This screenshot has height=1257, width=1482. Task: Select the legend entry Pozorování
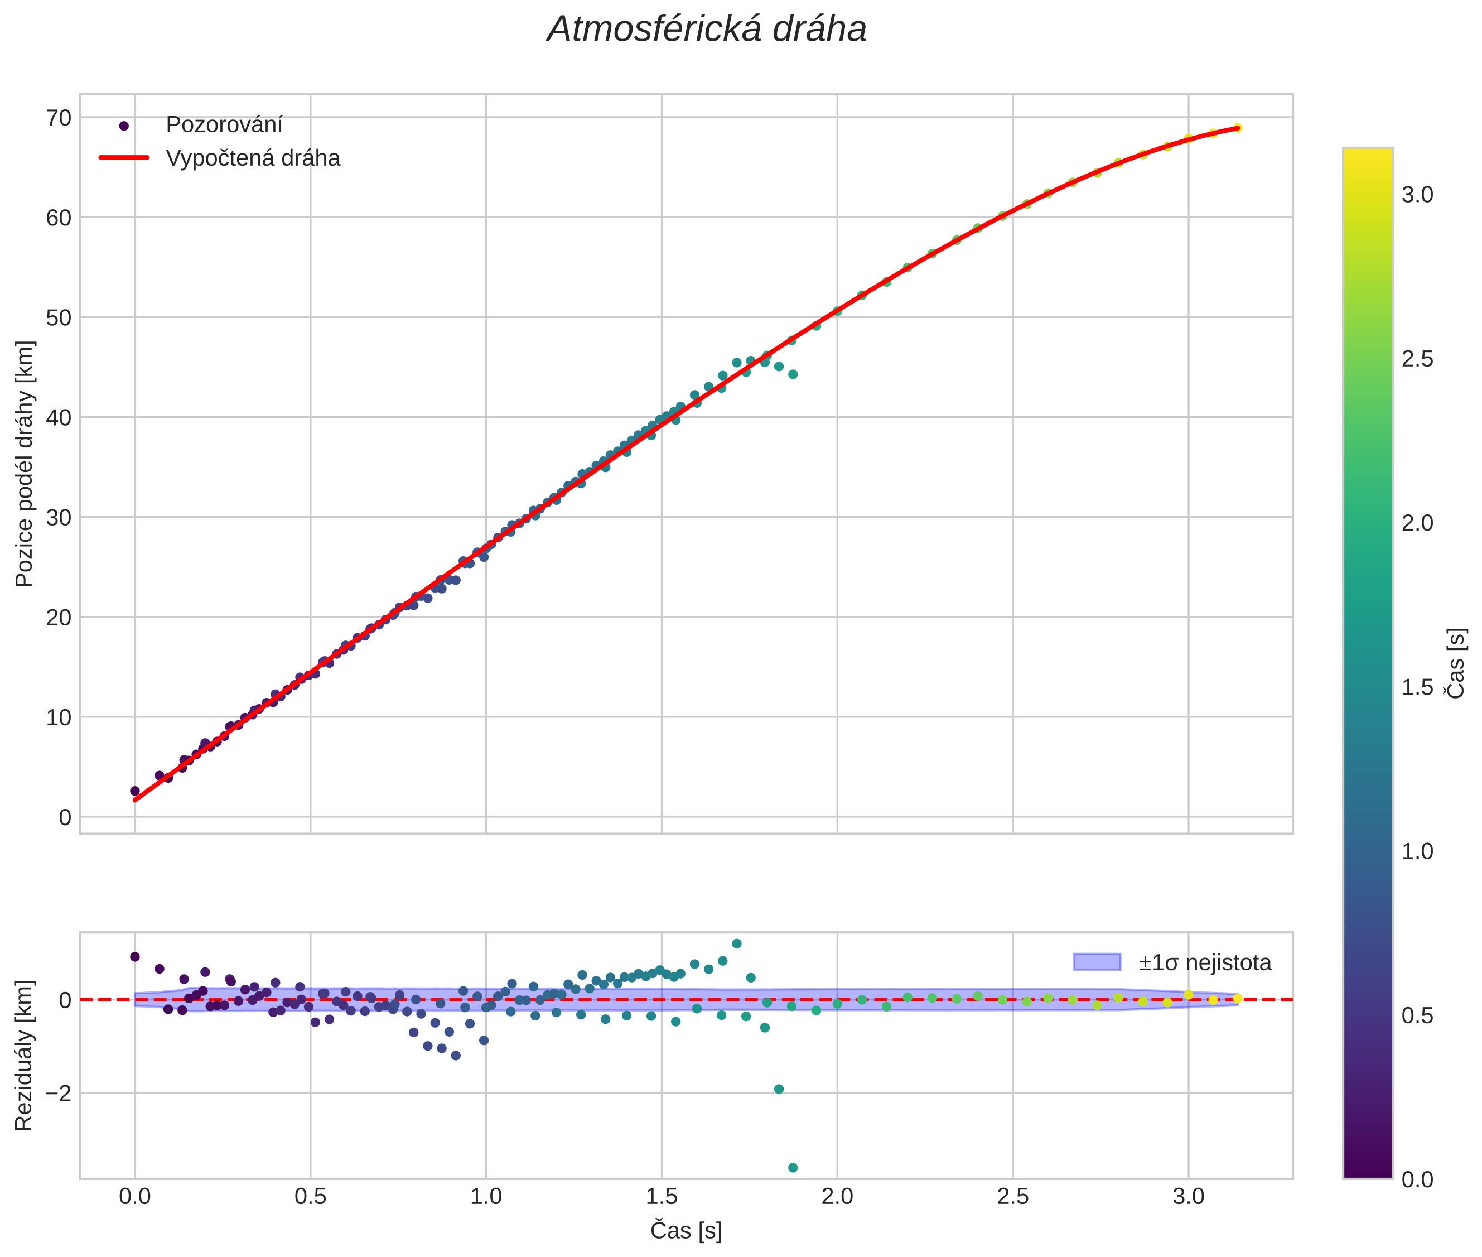224,125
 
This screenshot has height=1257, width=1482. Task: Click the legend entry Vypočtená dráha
252,158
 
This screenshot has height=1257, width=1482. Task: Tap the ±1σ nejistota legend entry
1204,963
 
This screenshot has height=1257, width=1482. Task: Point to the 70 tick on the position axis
59,118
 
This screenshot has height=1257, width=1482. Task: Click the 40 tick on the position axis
59,417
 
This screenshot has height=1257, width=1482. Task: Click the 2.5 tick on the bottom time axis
1012,1196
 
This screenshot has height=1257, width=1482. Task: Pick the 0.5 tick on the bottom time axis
310,1196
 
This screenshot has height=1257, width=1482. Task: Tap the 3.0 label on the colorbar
1417,195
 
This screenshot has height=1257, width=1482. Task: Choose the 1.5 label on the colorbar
1417,688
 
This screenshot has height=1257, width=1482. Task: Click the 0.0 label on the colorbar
1417,1179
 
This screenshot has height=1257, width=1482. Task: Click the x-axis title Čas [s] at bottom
686,1231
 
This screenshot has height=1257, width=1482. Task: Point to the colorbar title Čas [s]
1457,663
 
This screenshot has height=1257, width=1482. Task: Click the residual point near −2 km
779,1089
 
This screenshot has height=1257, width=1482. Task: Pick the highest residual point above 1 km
737,943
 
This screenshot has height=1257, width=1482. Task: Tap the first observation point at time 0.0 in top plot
134,791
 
